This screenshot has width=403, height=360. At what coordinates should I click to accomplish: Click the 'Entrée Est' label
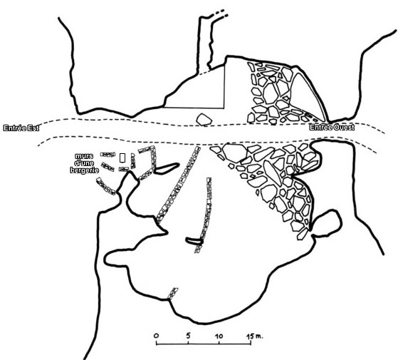21,128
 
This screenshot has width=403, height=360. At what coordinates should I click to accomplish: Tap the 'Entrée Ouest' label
332,127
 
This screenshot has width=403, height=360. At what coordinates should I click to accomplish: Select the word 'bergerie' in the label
84,170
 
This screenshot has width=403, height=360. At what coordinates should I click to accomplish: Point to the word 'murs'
84,156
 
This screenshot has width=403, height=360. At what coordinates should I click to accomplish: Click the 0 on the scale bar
156,336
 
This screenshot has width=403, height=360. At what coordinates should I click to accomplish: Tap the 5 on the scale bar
189,336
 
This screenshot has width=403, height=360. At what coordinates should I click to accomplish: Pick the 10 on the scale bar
219,336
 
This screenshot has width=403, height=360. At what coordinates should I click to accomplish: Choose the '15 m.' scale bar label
255,336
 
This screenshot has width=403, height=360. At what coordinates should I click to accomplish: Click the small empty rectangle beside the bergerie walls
122,158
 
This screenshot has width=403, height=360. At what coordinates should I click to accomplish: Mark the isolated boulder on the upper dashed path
204,120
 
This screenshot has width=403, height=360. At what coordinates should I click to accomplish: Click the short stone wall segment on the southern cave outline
172,294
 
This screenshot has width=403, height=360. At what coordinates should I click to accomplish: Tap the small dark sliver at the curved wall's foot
194,241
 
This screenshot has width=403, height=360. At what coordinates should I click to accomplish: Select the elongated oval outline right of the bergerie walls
167,168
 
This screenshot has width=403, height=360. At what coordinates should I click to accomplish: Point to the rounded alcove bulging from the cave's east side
327,223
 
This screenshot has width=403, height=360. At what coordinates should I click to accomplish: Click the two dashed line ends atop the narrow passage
220,14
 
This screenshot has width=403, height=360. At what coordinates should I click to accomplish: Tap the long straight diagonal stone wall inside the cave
178,185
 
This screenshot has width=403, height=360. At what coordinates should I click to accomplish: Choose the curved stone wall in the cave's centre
205,215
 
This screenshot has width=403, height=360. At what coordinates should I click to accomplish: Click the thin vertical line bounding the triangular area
224,87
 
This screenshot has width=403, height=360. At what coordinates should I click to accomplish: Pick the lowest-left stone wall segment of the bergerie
105,186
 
